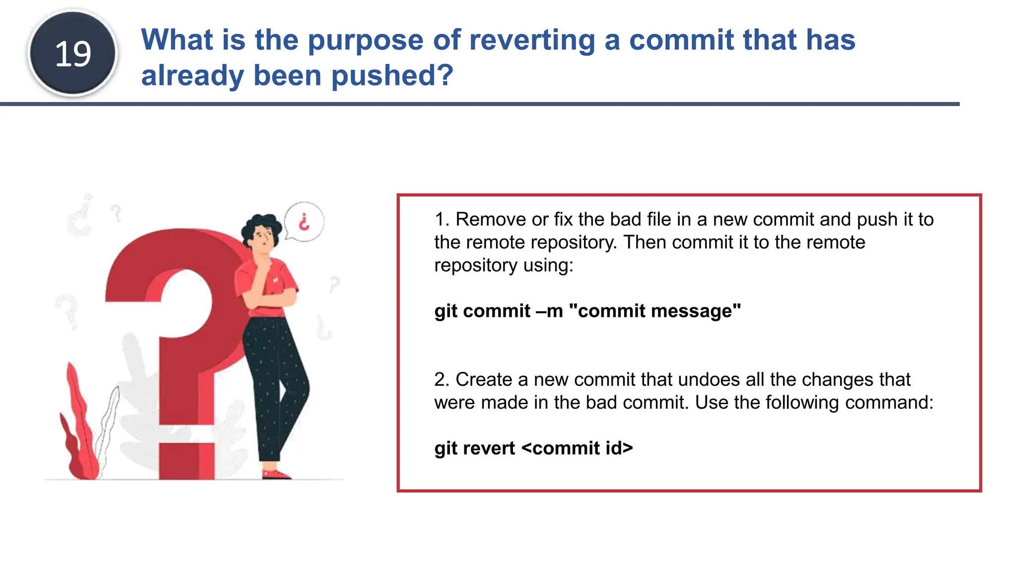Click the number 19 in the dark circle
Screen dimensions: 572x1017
pyautogui.click(x=73, y=54)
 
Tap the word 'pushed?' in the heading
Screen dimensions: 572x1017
pyautogui.click(x=392, y=75)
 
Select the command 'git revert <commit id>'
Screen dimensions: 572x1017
pyautogui.click(x=533, y=448)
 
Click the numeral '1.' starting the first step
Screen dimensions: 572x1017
pyautogui.click(x=441, y=219)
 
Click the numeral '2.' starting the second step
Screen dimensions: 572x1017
pyautogui.click(x=441, y=379)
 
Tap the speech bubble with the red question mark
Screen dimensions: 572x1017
pyautogui.click(x=304, y=221)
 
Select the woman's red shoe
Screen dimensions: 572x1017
pyautogui.click(x=275, y=475)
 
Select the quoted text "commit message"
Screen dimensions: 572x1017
pyautogui.click(x=654, y=311)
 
